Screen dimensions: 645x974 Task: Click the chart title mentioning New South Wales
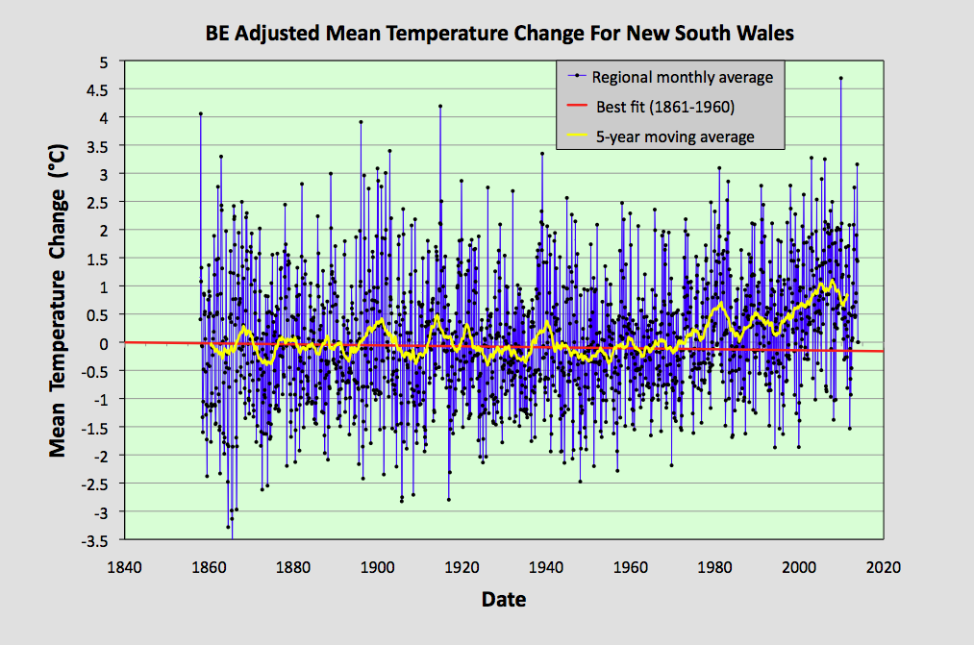(499, 34)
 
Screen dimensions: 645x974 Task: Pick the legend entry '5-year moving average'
(673, 136)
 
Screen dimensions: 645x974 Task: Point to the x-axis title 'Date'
(503, 600)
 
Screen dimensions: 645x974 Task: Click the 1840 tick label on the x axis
(125, 567)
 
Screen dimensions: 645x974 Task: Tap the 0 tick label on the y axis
(108, 343)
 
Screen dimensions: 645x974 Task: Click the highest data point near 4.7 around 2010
(840, 78)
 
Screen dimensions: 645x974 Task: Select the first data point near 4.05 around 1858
(200, 113)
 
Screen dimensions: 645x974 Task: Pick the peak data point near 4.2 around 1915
(440, 106)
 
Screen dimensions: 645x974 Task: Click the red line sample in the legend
(574, 107)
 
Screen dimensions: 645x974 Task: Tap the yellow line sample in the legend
(574, 136)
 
